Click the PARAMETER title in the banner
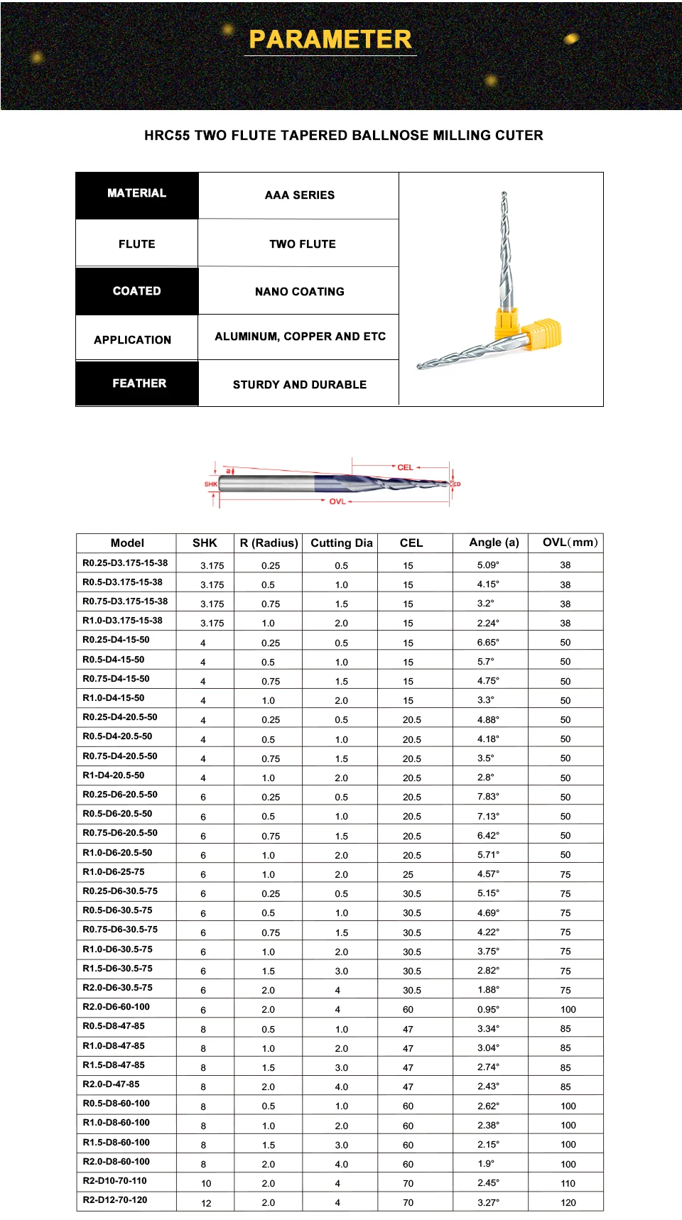[x=330, y=39]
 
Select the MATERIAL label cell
[x=136, y=193]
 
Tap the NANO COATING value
[x=299, y=292]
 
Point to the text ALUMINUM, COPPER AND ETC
[x=300, y=337]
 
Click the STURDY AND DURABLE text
[x=300, y=385]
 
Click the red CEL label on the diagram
[x=405, y=467]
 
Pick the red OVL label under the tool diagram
[x=337, y=501]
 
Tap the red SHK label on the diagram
[x=211, y=484]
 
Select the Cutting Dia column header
[x=341, y=543]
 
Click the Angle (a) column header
[x=494, y=543]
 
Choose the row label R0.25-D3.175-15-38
[x=125, y=563]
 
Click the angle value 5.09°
[x=488, y=565]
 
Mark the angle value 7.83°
[x=488, y=797]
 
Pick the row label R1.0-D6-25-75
[x=114, y=872]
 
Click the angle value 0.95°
[x=488, y=1009]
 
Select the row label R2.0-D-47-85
[x=111, y=1084]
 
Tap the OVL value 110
[x=568, y=1184]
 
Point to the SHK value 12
[x=206, y=1203]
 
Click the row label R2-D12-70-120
[x=115, y=1200]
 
